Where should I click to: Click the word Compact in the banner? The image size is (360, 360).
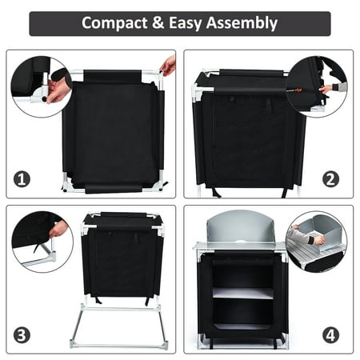[114, 23]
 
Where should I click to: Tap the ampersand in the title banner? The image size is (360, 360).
[158, 22]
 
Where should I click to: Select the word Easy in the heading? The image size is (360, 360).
[186, 23]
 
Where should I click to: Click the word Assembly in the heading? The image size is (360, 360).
[242, 23]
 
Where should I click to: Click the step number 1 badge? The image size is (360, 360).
[22, 179]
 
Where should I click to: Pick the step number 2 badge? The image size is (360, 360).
[330, 179]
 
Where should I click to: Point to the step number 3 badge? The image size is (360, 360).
[22, 335]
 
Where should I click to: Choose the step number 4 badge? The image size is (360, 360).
[330, 335]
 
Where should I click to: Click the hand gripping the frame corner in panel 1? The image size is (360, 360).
[168, 66]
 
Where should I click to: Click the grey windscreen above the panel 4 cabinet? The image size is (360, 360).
[241, 229]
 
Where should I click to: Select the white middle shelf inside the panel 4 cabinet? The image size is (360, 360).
[243, 293]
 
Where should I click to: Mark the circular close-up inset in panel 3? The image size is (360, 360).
[42, 242]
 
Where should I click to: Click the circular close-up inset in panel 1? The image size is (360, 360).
[42, 86]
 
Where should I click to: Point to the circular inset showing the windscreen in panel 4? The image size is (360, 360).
[317, 242]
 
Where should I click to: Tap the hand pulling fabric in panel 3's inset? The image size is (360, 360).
[58, 229]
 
